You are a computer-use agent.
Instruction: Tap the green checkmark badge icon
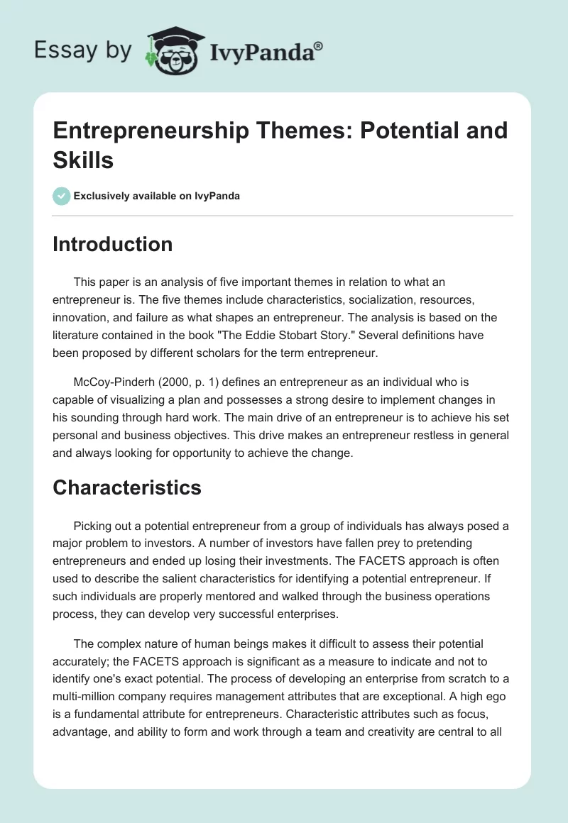click(62, 196)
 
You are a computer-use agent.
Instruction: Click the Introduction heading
click(112, 244)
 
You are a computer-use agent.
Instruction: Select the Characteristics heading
click(127, 487)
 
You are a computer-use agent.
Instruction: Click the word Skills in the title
click(83, 160)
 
